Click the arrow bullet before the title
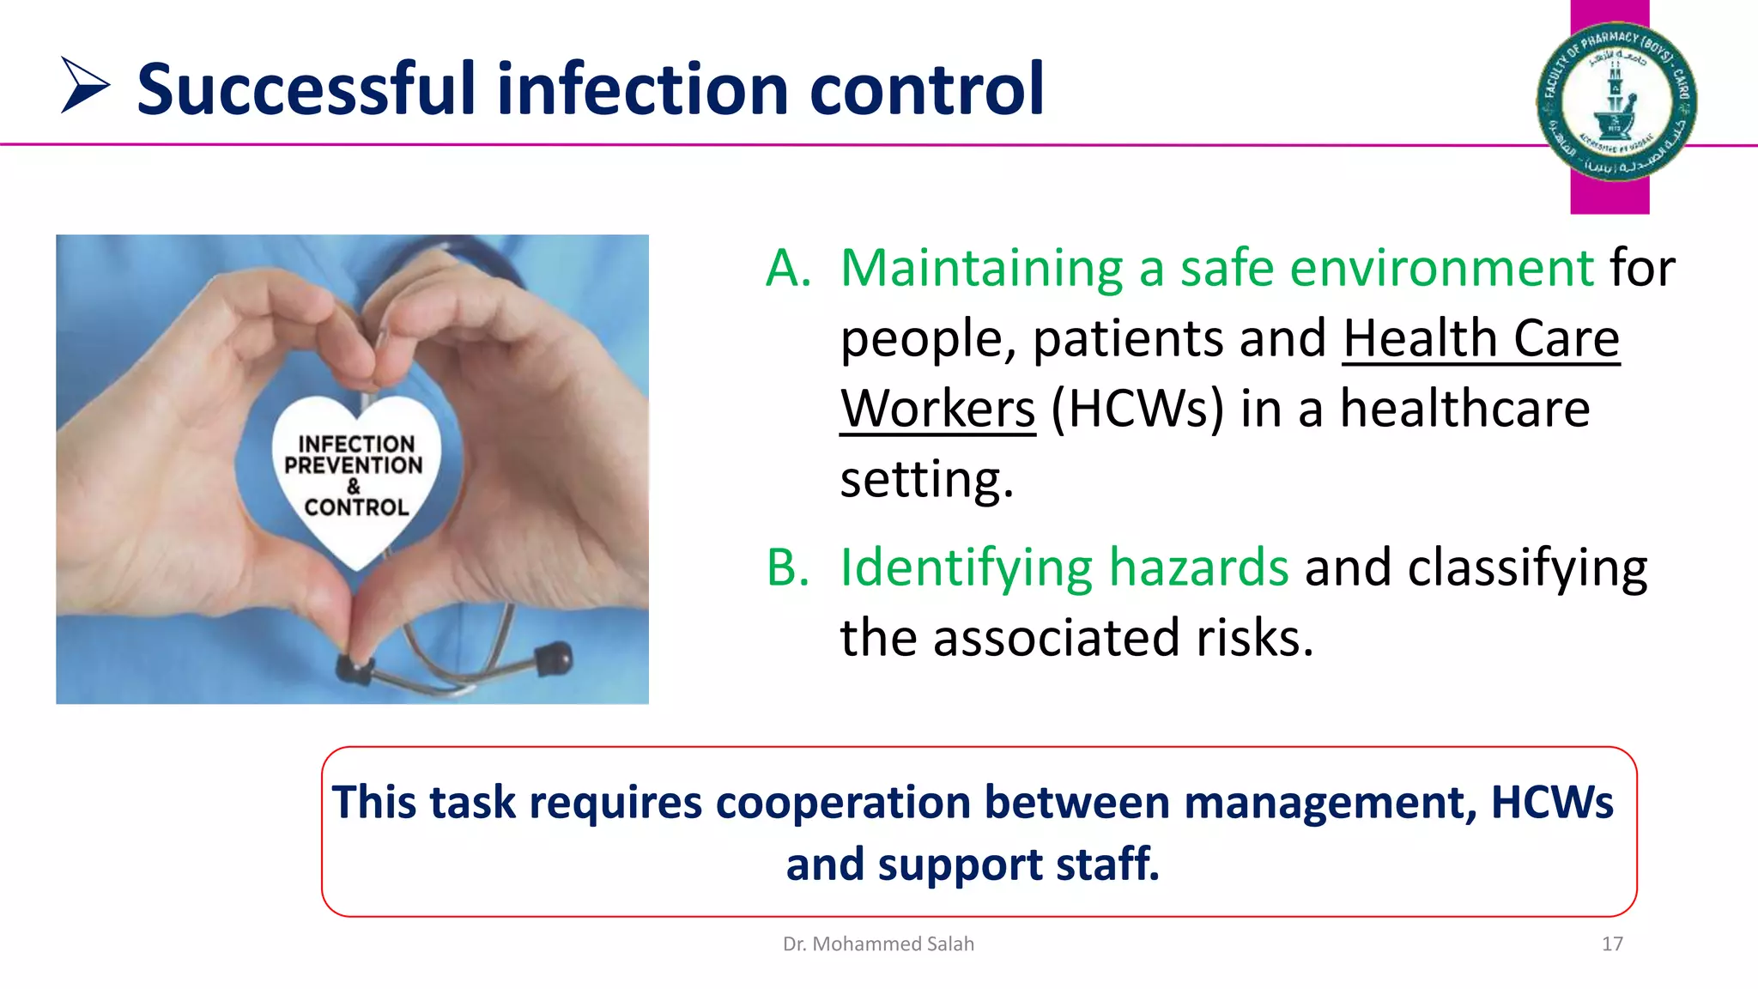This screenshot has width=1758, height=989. point(84,85)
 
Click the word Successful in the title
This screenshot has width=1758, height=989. point(306,89)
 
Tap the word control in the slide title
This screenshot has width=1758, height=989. point(926,89)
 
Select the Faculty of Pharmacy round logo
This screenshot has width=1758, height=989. point(1616,102)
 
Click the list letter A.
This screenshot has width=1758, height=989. point(788,269)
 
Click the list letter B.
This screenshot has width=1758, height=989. point(788,568)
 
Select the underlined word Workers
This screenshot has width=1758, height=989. point(937,410)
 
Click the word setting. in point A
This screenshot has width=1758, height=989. point(926,480)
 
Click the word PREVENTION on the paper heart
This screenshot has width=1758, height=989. point(354,465)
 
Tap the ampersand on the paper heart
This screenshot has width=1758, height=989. point(354,486)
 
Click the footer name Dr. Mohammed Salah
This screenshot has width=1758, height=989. point(878,944)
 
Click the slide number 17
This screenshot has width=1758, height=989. point(1612,944)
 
